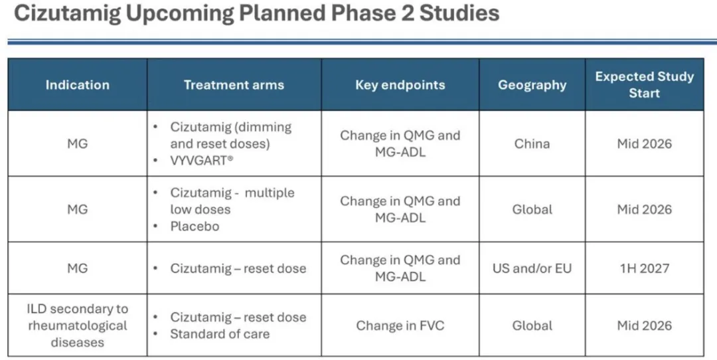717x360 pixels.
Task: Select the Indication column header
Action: pyautogui.click(x=77, y=84)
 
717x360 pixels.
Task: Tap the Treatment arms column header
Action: pyautogui.click(x=234, y=84)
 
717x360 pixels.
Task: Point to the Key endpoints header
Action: pyautogui.click(x=400, y=84)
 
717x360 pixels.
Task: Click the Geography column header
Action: pyautogui.click(x=532, y=84)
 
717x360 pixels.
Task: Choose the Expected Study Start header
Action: pyautogui.click(x=644, y=84)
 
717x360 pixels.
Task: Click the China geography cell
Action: pyautogui.click(x=532, y=143)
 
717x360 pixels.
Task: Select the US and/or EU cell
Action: pyautogui.click(x=532, y=268)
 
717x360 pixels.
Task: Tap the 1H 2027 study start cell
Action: pyautogui.click(x=644, y=268)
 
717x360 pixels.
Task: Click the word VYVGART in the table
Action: pyautogui.click(x=199, y=161)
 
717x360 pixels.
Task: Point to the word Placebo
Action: pyautogui.click(x=195, y=226)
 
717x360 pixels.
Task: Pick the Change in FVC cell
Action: pyautogui.click(x=400, y=325)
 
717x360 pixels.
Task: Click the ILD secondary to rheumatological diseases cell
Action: pyautogui.click(x=77, y=325)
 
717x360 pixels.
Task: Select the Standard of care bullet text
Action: pyautogui.click(x=220, y=334)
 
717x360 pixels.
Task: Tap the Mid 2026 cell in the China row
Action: pyautogui.click(x=644, y=143)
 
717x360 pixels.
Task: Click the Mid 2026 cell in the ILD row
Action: pyautogui.click(x=644, y=325)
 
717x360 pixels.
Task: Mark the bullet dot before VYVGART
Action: pyautogui.click(x=156, y=161)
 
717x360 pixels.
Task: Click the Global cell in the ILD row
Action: pyautogui.click(x=532, y=325)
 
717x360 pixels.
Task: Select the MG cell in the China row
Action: pyautogui.click(x=77, y=143)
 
